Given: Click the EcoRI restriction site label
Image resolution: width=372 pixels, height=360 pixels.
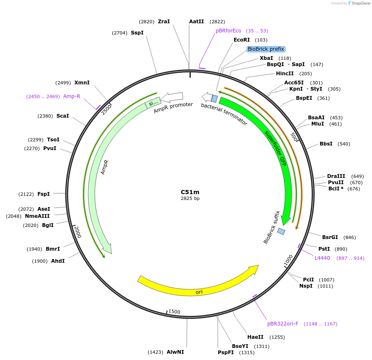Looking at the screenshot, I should pos(241,40).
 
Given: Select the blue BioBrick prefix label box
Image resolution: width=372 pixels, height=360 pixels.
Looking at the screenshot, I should pos(266,49).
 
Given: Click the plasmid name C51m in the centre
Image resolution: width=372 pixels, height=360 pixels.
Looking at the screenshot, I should pos(190,192).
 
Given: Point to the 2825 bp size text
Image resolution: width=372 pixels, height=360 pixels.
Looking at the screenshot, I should pos(190,199).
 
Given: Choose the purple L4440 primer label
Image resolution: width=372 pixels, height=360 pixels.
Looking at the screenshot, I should pos(322,258).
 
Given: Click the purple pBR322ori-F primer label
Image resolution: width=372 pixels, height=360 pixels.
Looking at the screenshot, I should pos(283,324).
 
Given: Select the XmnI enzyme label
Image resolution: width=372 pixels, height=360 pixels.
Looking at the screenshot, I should pos(82,83).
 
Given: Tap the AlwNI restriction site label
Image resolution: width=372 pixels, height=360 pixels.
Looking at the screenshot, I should pos(175,352).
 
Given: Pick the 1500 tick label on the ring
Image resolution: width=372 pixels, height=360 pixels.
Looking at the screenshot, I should pos(174,312).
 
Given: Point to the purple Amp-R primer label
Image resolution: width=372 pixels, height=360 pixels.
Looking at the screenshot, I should pos(71,96).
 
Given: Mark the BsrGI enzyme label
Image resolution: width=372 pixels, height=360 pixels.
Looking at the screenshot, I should pos(330,237).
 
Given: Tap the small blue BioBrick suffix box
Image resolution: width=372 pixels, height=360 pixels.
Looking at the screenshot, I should pos(281,231).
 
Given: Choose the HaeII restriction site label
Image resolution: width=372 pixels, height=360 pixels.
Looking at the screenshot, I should pos(255,337).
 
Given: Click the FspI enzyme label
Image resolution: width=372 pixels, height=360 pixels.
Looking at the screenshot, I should pos(44,194).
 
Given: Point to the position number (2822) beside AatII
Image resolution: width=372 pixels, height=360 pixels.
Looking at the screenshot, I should pos(217,22).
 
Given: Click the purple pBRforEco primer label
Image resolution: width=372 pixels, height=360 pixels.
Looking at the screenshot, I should pos(228,31).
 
